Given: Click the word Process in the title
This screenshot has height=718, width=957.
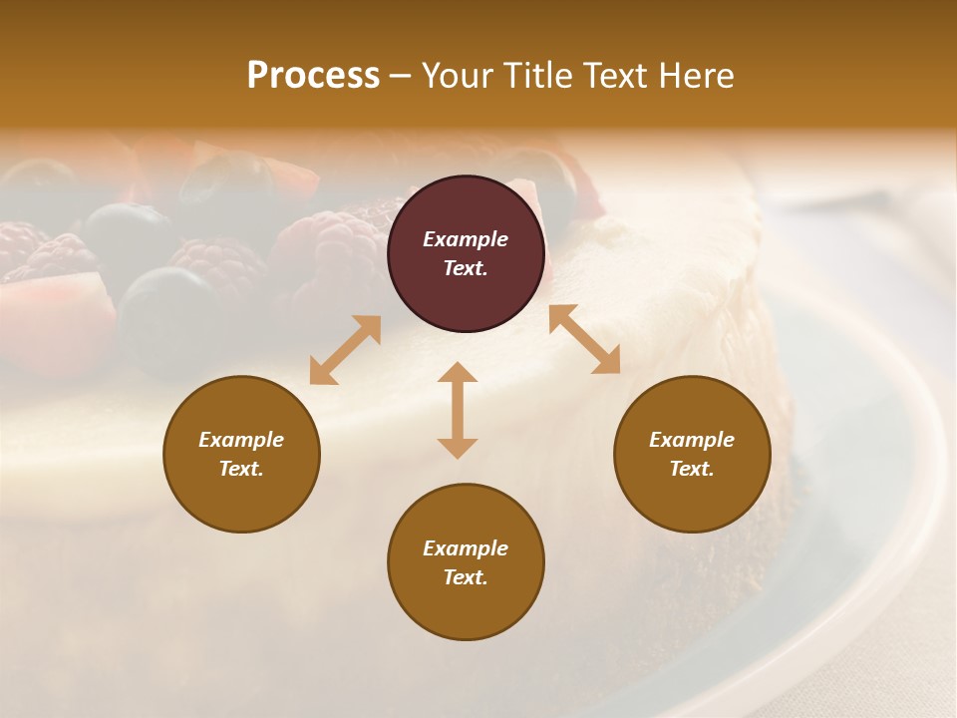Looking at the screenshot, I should click(313, 76).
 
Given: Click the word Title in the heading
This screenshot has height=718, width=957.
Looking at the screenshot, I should click(535, 76).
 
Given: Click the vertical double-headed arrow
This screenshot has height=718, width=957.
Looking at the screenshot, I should click(458, 410).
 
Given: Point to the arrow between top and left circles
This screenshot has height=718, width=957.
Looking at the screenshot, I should click(345, 350).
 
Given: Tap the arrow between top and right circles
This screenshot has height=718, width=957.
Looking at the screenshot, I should click(585, 339).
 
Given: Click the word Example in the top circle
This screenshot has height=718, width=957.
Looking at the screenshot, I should click(466, 239).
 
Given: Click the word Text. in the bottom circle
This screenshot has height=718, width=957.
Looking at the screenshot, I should click(466, 577).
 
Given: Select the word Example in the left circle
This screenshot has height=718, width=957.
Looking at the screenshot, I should click(241, 440).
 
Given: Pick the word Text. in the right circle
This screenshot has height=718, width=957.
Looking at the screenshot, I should click(692, 469).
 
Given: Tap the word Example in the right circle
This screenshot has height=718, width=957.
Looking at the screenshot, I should click(692, 440).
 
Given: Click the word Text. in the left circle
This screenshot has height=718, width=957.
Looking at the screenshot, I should click(241, 469).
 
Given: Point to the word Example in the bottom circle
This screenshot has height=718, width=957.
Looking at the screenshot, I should click(466, 548).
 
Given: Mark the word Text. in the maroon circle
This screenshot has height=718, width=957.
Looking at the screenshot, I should click(466, 268).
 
